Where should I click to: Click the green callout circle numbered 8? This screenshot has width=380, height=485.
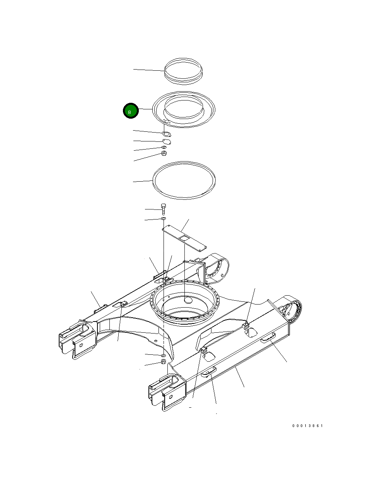131,111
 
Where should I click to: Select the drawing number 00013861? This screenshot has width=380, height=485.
307,426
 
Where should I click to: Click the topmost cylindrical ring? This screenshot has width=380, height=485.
183,71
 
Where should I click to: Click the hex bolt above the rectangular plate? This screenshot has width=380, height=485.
164,209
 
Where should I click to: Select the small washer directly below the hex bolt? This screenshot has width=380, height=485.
164,218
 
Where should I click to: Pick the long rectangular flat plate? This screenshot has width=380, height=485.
184,238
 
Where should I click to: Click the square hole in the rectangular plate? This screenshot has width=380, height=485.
184,238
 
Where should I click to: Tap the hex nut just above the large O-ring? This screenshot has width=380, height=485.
164,153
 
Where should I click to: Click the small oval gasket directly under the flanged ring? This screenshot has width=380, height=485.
167,134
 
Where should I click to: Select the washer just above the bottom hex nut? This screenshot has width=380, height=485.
164,355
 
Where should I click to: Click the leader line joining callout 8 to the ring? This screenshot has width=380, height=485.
145,109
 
